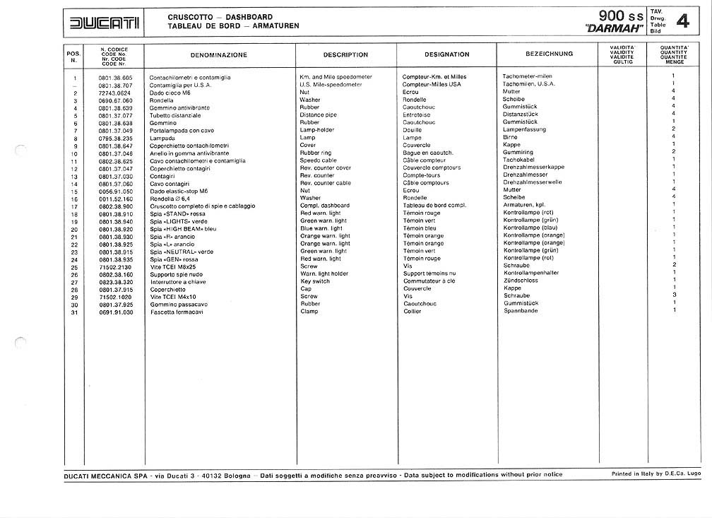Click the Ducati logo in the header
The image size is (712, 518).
[x=105, y=24]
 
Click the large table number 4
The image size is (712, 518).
[x=682, y=22]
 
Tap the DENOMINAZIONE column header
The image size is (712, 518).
[x=218, y=54]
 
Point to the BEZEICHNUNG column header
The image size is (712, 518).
[x=549, y=54]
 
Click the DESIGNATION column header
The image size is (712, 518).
[x=446, y=54]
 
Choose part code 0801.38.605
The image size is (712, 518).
[x=115, y=76]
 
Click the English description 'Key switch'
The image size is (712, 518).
[x=314, y=281]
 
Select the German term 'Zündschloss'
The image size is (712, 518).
[x=521, y=281]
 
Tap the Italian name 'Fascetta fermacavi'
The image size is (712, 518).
[x=177, y=311]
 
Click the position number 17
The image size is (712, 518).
[x=74, y=206]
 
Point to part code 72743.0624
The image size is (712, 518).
[x=114, y=92]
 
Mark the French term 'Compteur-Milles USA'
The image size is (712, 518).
[x=431, y=84]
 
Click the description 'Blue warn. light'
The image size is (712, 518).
[x=321, y=228]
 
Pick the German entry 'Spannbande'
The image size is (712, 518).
[x=521, y=311]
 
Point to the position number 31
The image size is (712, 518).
[x=74, y=311]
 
